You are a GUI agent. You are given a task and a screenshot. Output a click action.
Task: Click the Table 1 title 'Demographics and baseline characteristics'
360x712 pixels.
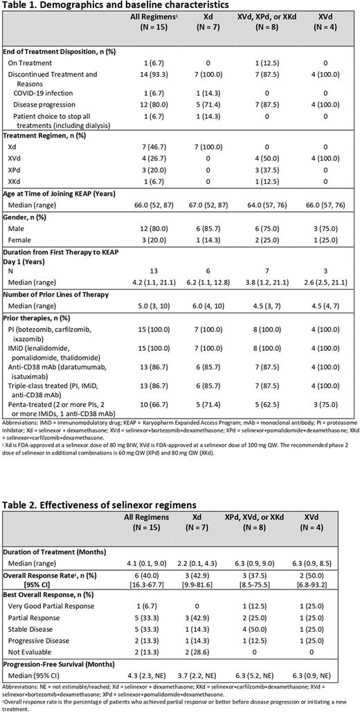[111, 6]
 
